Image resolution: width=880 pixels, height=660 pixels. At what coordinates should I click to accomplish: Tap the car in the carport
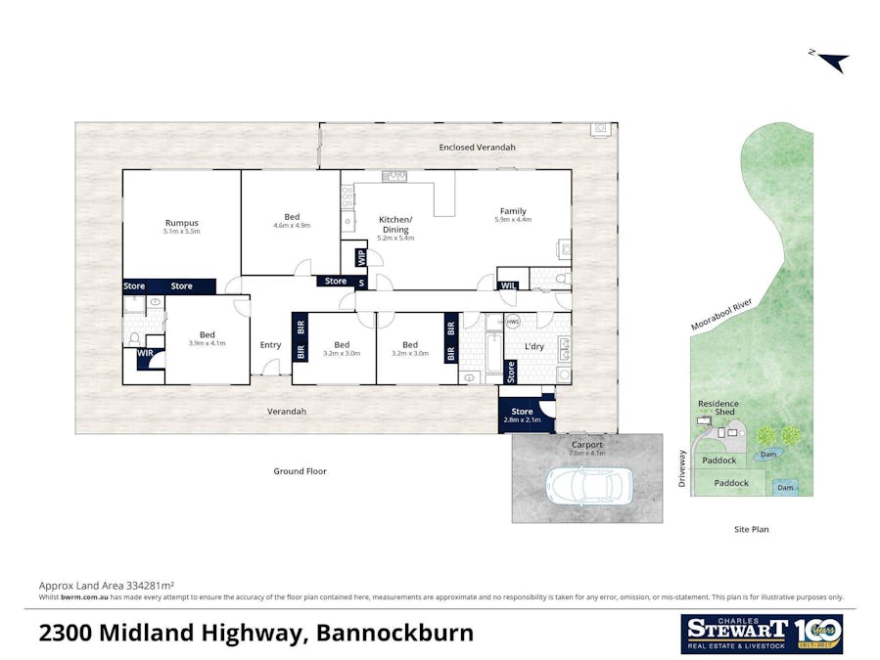(x=589, y=483)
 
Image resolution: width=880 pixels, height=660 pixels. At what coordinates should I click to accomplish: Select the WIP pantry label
(x=360, y=259)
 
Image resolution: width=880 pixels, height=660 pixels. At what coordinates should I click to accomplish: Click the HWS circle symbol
(x=513, y=322)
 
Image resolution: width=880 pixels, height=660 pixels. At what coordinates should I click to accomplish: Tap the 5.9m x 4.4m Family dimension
(x=513, y=220)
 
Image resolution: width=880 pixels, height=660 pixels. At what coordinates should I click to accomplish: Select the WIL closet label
(x=508, y=286)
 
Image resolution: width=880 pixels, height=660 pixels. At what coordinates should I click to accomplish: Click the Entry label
(x=270, y=344)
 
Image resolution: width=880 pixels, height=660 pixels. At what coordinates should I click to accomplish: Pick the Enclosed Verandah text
(x=478, y=147)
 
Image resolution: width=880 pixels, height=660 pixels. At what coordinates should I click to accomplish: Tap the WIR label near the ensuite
(x=145, y=352)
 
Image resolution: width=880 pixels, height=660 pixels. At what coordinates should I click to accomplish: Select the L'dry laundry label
(x=534, y=347)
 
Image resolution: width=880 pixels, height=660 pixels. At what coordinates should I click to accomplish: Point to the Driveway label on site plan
(x=682, y=468)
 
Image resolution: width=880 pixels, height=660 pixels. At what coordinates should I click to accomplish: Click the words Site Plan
(x=752, y=529)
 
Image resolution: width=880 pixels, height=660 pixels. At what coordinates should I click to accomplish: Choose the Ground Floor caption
(x=300, y=471)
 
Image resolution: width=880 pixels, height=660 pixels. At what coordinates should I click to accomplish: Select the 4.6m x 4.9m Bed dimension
(x=292, y=225)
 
